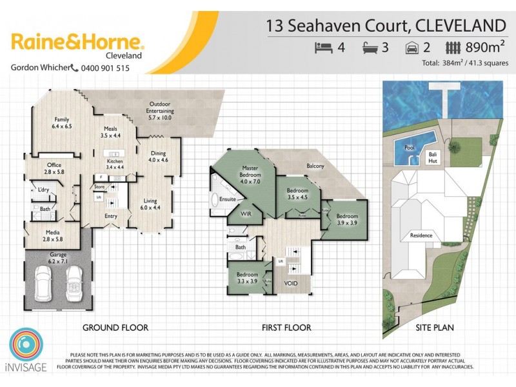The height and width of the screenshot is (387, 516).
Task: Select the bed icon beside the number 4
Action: point(322,47)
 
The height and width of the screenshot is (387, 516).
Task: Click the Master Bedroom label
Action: point(250,172)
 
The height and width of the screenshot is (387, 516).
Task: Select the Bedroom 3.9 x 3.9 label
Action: point(346,220)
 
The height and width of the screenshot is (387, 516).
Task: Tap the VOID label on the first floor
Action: point(291,283)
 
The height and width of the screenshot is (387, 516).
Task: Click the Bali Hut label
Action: point(433,158)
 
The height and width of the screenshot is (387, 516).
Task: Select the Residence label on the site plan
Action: point(421,235)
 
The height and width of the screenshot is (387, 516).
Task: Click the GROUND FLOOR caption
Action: point(115,328)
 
